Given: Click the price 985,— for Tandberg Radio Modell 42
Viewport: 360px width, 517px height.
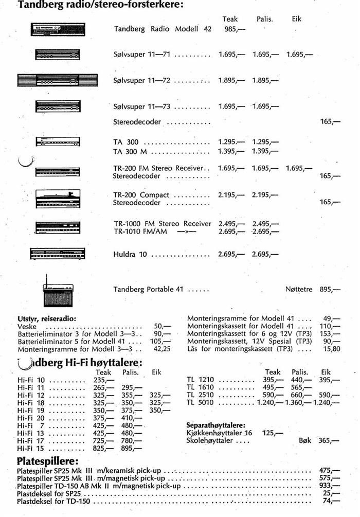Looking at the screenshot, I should [x=235, y=29].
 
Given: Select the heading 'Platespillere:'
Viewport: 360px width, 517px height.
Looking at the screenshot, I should [x=47, y=459].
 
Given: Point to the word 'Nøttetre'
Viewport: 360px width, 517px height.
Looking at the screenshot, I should [x=299, y=290].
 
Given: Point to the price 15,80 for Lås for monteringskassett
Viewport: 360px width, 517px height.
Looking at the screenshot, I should [x=332, y=349].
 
